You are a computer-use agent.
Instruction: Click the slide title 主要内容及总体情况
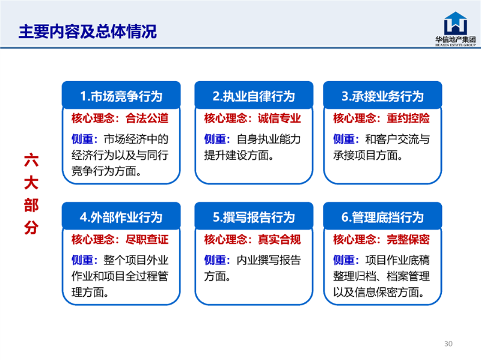(87, 32)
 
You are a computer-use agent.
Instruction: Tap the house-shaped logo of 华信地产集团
(456, 23)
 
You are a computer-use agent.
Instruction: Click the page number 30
(449, 344)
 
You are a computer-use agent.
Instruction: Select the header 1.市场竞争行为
(121, 96)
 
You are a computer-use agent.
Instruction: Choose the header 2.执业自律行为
(254, 96)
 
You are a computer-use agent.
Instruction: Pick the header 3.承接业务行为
(382, 96)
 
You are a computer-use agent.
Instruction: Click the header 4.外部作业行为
(121, 218)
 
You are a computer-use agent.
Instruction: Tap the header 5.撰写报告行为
(254, 218)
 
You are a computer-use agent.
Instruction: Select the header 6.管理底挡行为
(382, 218)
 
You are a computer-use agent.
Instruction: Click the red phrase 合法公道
(147, 118)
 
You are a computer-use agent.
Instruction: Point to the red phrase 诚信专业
(280, 118)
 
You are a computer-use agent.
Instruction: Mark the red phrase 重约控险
(408, 118)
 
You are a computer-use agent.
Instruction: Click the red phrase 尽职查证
(147, 239)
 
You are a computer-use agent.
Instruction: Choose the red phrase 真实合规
(280, 239)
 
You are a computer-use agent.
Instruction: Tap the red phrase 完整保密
(408, 239)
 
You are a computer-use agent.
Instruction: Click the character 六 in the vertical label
(31, 160)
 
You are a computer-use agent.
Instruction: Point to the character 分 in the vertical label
(31, 228)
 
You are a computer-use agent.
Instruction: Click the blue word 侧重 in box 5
(215, 260)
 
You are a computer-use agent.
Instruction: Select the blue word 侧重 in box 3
(344, 139)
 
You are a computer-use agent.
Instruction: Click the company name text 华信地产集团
(456, 39)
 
